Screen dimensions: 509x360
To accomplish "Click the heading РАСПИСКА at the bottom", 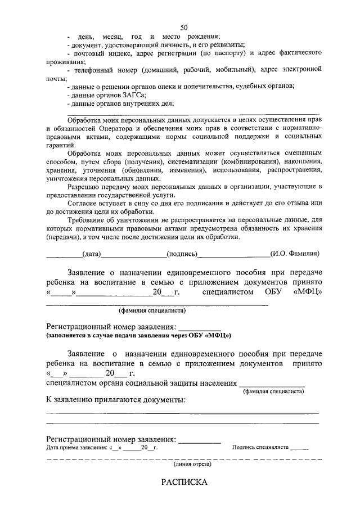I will (184, 482).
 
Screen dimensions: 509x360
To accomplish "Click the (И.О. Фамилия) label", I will (295, 254).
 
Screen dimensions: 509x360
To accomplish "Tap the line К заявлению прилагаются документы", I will (115, 400).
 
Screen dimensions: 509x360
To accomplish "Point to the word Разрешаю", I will (84, 186).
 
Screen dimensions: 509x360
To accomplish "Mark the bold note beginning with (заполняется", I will (138, 335).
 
